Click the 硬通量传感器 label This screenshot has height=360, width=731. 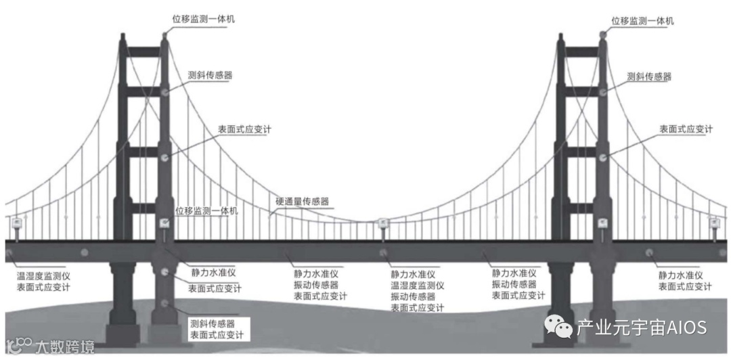pyautogui.click(x=302, y=201)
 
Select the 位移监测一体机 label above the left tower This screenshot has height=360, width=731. pyautogui.click(x=200, y=18)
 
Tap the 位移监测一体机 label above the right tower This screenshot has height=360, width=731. pyautogui.click(x=642, y=21)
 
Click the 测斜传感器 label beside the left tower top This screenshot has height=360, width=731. pyautogui.click(x=210, y=75)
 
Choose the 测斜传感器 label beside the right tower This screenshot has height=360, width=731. pyautogui.click(x=649, y=76)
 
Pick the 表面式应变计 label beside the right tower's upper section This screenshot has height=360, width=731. pyautogui.click(x=686, y=129)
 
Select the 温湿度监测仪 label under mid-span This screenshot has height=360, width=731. pyautogui.click(x=417, y=286)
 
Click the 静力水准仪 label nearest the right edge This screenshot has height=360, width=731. pyautogui.click(x=681, y=275)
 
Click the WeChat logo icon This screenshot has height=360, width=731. pyautogui.click(x=558, y=328)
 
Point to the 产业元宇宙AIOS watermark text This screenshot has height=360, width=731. pyautogui.click(x=642, y=328)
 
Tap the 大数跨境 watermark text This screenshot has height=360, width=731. pyautogui.click(x=65, y=346)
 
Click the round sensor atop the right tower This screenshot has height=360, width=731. pyautogui.click(x=602, y=34)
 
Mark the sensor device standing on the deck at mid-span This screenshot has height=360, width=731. pyautogui.click(x=382, y=224)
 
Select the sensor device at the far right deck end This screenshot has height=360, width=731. pyautogui.click(x=713, y=223)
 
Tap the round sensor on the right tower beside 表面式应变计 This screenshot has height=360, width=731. pyautogui.click(x=602, y=157)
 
